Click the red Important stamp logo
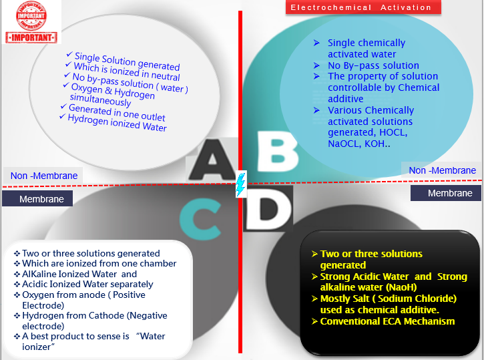tap(31, 22)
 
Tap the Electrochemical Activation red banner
tap(363, 7)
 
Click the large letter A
tap(212, 160)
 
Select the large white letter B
tap(277, 151)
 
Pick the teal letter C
tap(200, 219)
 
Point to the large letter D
tap(268, 208)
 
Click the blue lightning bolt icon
tap(241, 184)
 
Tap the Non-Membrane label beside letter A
tap(44, 176)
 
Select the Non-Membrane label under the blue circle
tap(442, 170)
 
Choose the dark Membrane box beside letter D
tap(445, 193)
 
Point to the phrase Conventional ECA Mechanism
tap(387, 321)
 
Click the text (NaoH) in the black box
tap(402, 287)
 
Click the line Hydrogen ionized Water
tap(117, 123)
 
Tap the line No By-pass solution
tap(373, 65)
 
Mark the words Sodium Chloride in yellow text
tap(415, 299)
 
